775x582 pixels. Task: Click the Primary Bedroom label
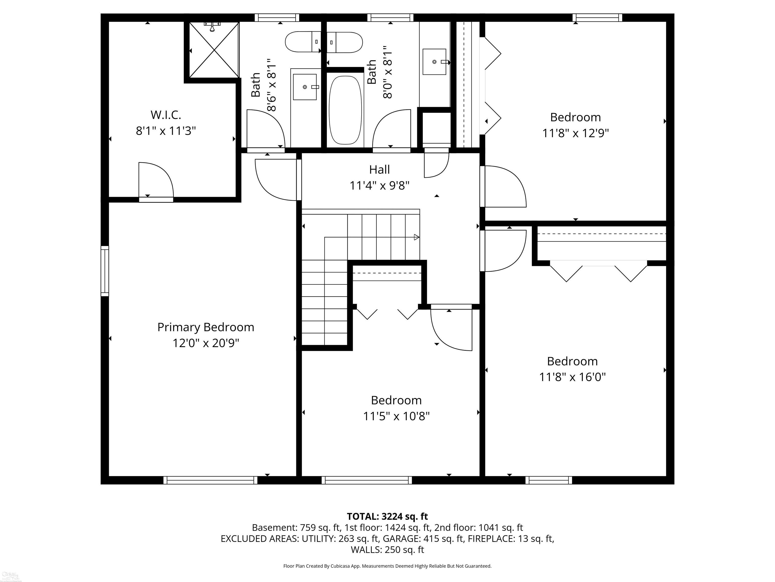(x=206, y=327)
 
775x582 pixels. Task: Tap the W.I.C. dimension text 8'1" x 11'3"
(x=166, y=131)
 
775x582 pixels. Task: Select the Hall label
(x=379, y=170)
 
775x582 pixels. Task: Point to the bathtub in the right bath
(x=345, y=110)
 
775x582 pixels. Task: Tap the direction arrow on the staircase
(x=417, y=237)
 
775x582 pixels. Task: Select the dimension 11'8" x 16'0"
(x=572, y=377)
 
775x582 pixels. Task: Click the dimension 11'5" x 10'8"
(x=396, y=416)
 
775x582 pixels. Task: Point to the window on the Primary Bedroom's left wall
(x=105, y=271)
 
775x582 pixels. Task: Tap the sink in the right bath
(x=435, y=62)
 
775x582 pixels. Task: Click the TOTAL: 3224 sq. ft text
(x=387, y=516)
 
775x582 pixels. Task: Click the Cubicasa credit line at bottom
(x=387, y=566)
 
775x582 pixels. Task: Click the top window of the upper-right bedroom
(x=597, y=17)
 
